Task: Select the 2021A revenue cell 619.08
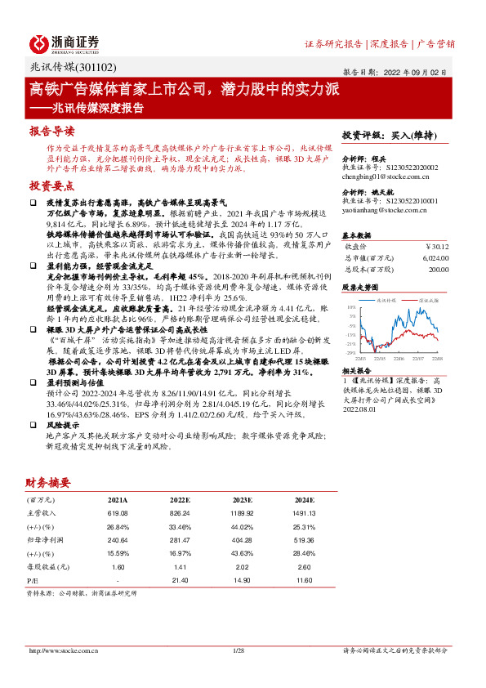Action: (x=117, y=512)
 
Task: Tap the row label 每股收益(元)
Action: (x=44, y=566)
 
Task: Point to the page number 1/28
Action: (x=239, y=650)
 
